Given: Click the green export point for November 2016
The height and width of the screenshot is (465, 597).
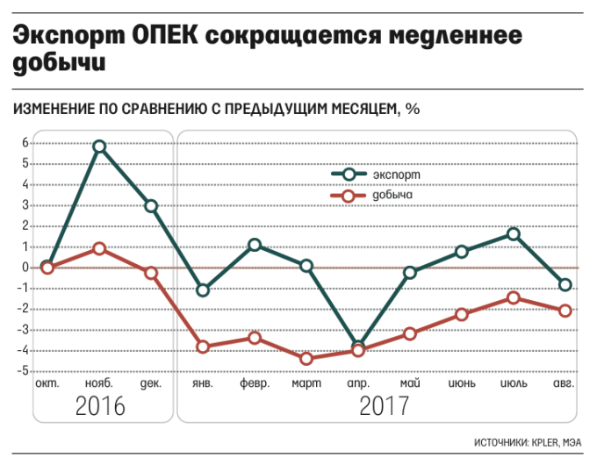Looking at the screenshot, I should (x=99, y=147).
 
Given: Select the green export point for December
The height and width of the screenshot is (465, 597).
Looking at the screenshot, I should (x=151, y=206).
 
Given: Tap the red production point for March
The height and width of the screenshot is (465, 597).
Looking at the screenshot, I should (x=306, y=358).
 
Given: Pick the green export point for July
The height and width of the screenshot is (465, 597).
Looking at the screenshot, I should (x=514, y=233).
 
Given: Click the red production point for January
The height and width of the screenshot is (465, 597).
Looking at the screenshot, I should (x=203, y=347).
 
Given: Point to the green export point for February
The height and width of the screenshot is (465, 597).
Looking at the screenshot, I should (x=255, y=245).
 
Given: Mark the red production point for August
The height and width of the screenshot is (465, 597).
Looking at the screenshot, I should (x=565, y=311).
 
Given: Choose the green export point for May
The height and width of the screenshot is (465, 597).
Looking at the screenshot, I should (x=410, y=273).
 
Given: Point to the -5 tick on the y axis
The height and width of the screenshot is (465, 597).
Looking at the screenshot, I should (x=24, y=371).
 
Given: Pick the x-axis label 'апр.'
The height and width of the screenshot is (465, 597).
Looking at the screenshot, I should (x=357, y=384).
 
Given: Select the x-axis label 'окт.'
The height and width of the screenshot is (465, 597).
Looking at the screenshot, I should (x=47, y=384).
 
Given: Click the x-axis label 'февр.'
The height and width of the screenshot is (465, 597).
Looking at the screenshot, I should (x=255, y=384).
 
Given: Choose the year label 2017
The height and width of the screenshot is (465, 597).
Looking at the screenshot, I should (x=384, y=406).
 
